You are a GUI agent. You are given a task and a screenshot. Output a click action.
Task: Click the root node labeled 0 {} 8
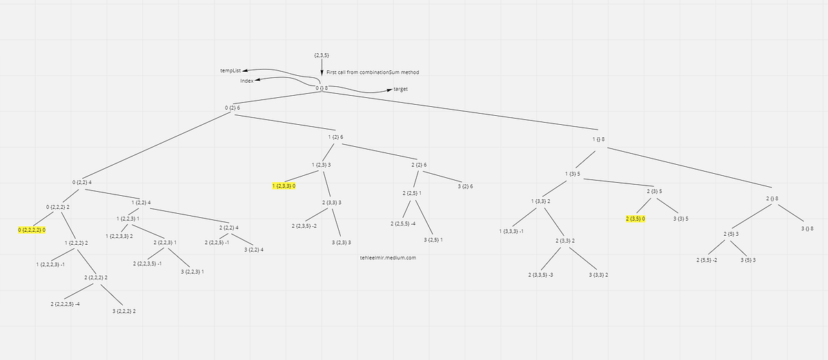(x=322, y=88)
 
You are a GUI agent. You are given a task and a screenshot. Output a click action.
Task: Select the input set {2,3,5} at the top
(x=322, y=55)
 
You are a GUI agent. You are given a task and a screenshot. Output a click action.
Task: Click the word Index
(x=246, y=81)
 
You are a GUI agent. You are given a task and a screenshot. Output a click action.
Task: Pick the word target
(x=400, y=90)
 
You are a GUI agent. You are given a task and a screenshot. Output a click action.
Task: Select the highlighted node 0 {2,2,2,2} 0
(x=32, y=229)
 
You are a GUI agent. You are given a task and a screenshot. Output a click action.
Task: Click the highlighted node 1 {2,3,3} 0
(x=284, y=186)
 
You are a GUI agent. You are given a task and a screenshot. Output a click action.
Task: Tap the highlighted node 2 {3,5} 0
(x=635, y=219)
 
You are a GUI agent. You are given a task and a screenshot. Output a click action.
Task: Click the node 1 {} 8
(x=598, y=139)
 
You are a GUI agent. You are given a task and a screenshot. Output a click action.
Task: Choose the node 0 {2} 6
(x=233, y=108)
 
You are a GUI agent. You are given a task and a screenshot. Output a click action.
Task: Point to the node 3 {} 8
(x=807, y=228)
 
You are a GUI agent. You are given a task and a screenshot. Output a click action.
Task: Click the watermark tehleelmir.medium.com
(x=388, y=257)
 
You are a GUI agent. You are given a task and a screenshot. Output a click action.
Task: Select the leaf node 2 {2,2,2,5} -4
(x=66, y=303)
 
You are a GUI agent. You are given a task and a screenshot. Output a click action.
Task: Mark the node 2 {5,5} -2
(x=707, y=260)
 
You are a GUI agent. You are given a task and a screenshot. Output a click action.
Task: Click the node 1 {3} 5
(x=572, y=174)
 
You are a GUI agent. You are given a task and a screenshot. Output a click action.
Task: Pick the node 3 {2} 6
(x=465, y=186)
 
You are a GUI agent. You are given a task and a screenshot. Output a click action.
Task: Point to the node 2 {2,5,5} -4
(x=402, y=223)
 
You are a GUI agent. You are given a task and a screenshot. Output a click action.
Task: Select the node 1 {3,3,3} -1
(x=511, y=231)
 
